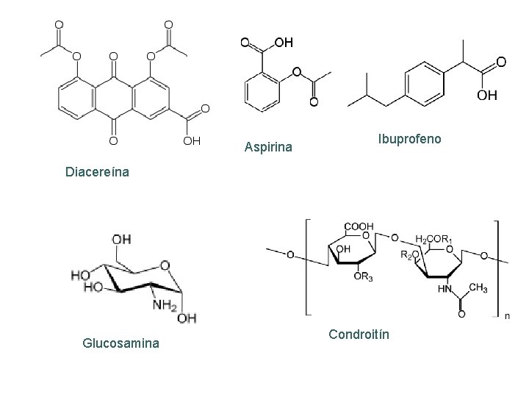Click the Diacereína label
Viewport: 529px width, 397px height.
click(97, 174)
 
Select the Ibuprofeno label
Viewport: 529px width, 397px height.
click(409, 137)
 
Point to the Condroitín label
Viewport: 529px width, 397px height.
click(359, 335)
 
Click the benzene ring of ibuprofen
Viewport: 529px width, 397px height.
click(422, 82)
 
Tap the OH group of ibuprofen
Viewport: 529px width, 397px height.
click(486, 96)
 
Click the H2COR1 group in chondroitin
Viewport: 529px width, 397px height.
click(435, 239)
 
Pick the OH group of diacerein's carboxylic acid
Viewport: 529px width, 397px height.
click(192, 139)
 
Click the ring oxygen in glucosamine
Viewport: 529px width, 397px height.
click(164, 265)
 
